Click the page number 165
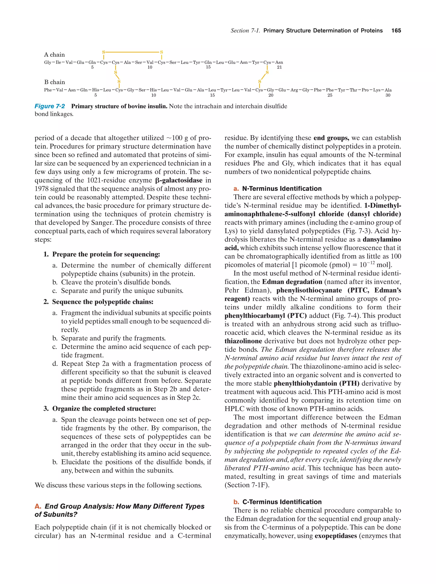pyautogui.click(x=396, y=31)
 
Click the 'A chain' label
pyautogui.click(x=54, y=55)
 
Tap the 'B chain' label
pyautogui.click(x=54, y=82)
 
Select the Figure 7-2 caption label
pyautogui.click(x=50, y=106)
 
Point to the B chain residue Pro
pyautogui.click(x=365, y=90)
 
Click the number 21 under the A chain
pyautogui.click(x=279, y=67)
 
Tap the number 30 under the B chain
pyautogui.click(x=388, y=95)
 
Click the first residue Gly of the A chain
pyautogui.click(x=47, y=63)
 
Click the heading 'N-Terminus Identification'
pyautogui.click(x=282, y=189)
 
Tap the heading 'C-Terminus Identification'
pyautogui.click(x=282, y=502)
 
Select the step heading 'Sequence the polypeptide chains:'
pyautogui.click(x=103, y=302)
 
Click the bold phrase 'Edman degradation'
pyautogui.click(x=292, y=282)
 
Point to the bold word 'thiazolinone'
pyautogui.click(x=243, y=341)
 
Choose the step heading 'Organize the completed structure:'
pyautogui.click(x=104, y=409)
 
